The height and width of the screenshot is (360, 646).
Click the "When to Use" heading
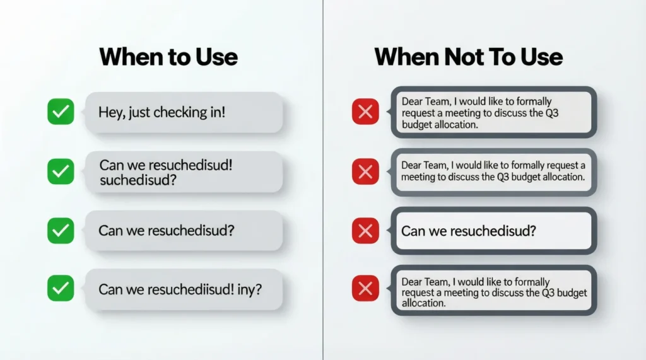pos(168,57)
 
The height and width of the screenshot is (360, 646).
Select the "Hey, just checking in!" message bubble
pos(184,113)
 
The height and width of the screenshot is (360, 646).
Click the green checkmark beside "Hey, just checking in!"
pos(61,113)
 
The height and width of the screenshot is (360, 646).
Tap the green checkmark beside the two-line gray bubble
pos(61,171)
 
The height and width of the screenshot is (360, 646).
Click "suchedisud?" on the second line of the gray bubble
pos(138,180)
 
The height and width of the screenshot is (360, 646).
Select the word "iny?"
pos(250,289)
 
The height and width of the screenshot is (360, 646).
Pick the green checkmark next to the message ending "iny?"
pos(61,289)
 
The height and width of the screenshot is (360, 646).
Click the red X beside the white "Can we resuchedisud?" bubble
pos(365,231)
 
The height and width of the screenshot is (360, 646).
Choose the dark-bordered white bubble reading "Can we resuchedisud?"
pos(493,231)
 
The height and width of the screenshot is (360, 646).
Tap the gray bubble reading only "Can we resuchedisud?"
pos(184,231)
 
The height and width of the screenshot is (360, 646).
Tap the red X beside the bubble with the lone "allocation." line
pos(365,289)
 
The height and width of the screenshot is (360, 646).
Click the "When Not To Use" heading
pos(468,57)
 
